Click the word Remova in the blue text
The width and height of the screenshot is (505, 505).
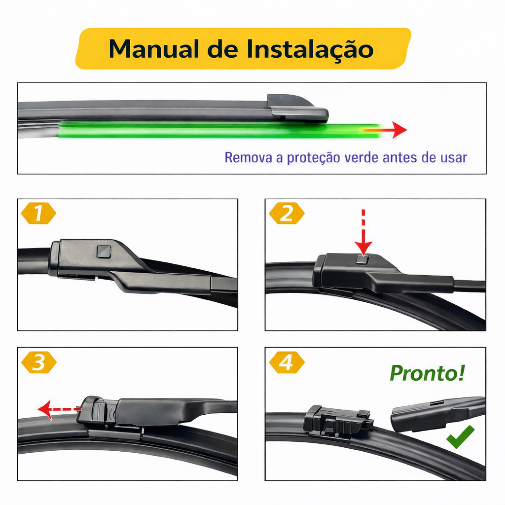point(249,157)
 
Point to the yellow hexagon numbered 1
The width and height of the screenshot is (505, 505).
point(38,213)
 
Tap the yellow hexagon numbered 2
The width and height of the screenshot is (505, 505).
point(287,213)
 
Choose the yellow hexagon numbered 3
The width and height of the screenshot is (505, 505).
point(38,362)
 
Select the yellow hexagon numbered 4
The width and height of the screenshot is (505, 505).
point(287,362)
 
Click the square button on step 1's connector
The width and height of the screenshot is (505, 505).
point(104,252)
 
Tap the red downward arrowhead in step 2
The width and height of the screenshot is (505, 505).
point(363,248)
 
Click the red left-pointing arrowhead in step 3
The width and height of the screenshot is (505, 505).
point(45,410)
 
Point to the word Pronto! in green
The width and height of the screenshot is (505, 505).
point(428,373)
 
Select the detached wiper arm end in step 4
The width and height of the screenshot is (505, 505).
point(437,414)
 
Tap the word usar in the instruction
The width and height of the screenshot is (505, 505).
point(454,158)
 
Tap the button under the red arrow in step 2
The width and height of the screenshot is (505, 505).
point(363,259)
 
